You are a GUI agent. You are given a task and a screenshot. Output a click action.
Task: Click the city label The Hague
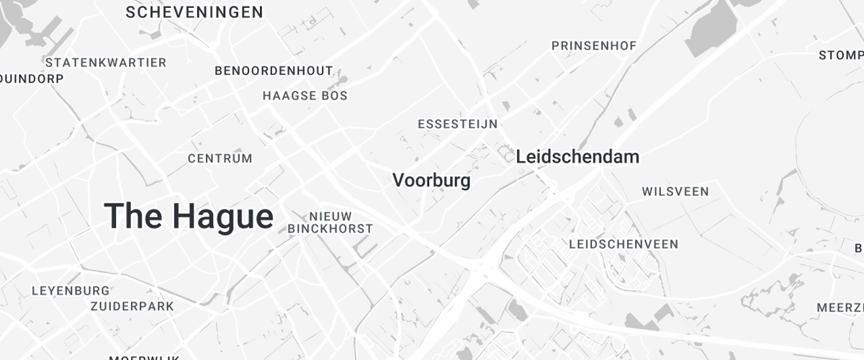(x=189, y=216)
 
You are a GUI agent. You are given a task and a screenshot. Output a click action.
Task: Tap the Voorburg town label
(x=431, y=180)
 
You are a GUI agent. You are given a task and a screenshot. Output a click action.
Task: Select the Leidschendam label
(x=577, y=156)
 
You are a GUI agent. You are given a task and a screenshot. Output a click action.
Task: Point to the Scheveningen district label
(x=194, y=12)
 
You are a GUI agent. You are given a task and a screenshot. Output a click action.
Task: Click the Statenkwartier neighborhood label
(x=105, y=63)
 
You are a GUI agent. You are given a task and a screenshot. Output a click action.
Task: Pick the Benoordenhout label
(x=274, y=71)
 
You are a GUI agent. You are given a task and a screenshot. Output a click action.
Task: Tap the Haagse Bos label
(x=305, y=96)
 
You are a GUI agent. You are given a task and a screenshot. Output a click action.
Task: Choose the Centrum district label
(x=220, y=158)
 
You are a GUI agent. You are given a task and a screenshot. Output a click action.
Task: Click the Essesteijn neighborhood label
(x=457, y=124)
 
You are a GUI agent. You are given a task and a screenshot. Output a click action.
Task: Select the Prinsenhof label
(x=593, y=46)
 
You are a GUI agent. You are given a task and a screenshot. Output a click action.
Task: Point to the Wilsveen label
(x=675, y=192)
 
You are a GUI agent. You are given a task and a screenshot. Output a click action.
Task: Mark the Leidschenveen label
(x=623, y=244)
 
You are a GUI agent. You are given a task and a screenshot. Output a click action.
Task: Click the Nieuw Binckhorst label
(x=330, y=222)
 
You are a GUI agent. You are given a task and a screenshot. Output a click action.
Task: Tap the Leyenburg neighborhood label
(x=71, y=291)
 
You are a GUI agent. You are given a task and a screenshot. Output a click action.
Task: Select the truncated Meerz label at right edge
(x=840, y=307)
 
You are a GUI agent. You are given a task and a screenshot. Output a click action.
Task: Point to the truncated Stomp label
(x=840, y=55)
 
